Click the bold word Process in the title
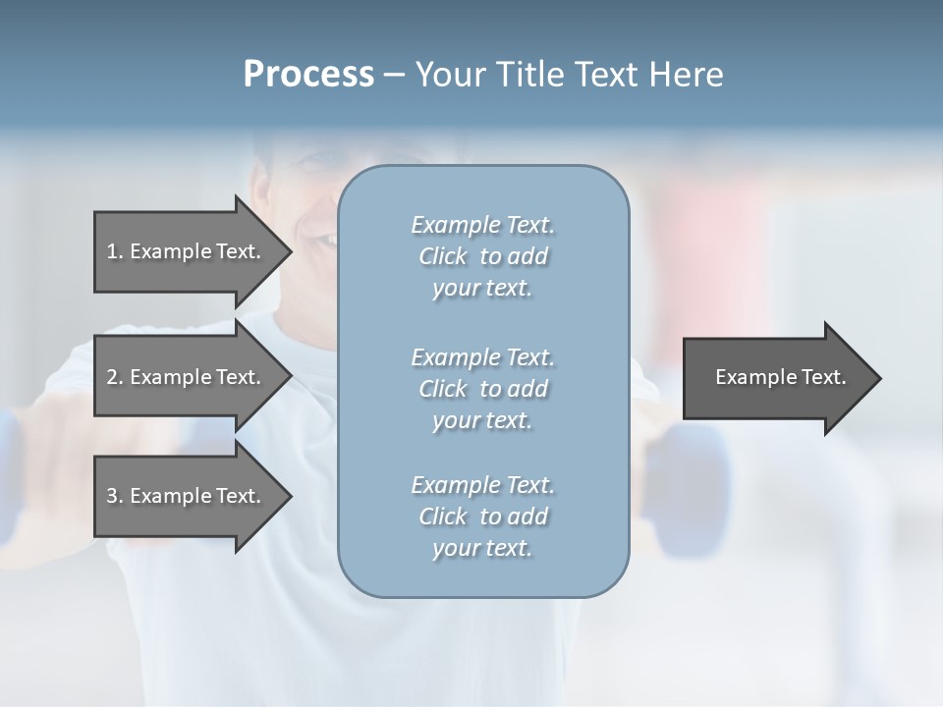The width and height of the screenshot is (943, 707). click(308, 75)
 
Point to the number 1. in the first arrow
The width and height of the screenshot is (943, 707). click(115, 251)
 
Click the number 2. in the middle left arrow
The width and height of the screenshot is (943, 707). click(115, 377)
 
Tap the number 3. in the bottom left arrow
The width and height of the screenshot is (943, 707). click(115, 496)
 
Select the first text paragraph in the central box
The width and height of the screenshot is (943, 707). click(483, 256)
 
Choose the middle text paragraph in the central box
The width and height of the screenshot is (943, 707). click(483, 388)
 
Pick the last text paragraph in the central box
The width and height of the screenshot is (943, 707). click(483, 516)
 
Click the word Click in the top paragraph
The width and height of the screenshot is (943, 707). click(443, 256)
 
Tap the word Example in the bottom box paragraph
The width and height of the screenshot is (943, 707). click(455, 485)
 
